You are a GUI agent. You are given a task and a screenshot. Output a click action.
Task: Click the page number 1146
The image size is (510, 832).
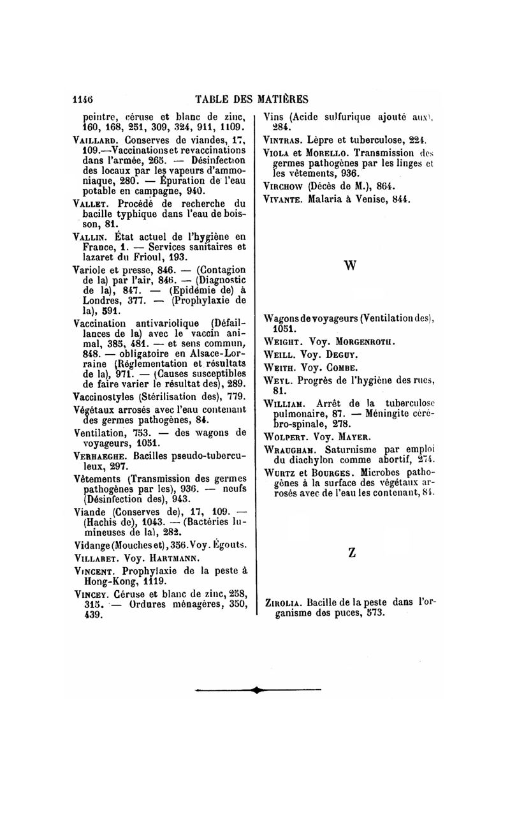tap(83, 99)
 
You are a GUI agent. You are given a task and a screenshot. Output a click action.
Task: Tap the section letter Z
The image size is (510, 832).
tap(352, 554)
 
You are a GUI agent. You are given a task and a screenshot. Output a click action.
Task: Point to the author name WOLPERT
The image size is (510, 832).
tap(287, 437)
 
